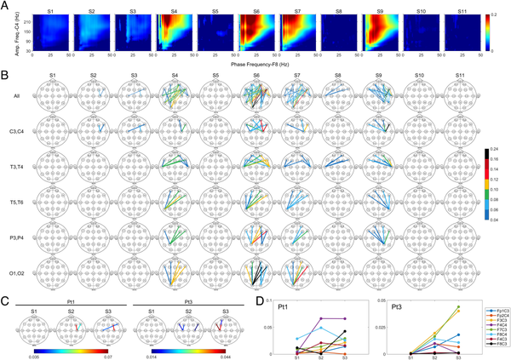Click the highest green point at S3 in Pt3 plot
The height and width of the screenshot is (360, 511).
[458, 307]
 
